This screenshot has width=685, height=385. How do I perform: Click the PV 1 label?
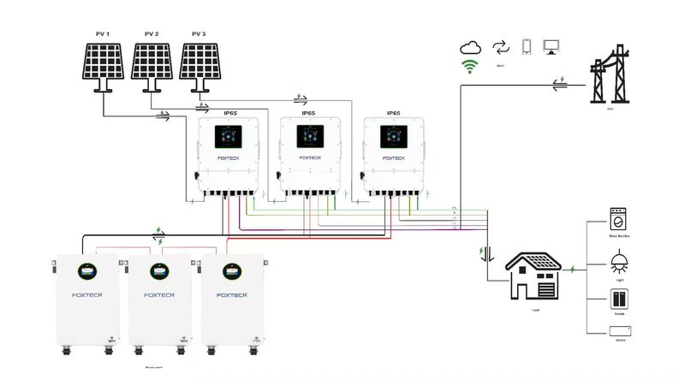coord(103,34)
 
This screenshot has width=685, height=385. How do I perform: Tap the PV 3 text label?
coord(200,34)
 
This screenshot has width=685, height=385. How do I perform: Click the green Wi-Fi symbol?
coord(469,67)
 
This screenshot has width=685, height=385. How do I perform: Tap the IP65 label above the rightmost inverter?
coord(393,113)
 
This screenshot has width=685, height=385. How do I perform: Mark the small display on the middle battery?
coord(158,271)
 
